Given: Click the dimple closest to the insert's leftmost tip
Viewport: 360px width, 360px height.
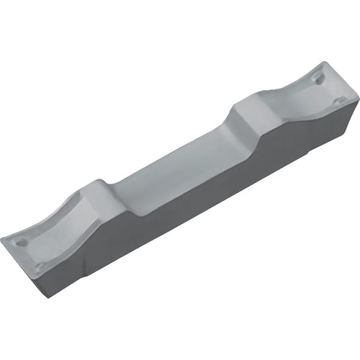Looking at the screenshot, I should [22, 243].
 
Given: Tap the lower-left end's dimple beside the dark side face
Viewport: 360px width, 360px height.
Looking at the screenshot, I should [41, 266].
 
